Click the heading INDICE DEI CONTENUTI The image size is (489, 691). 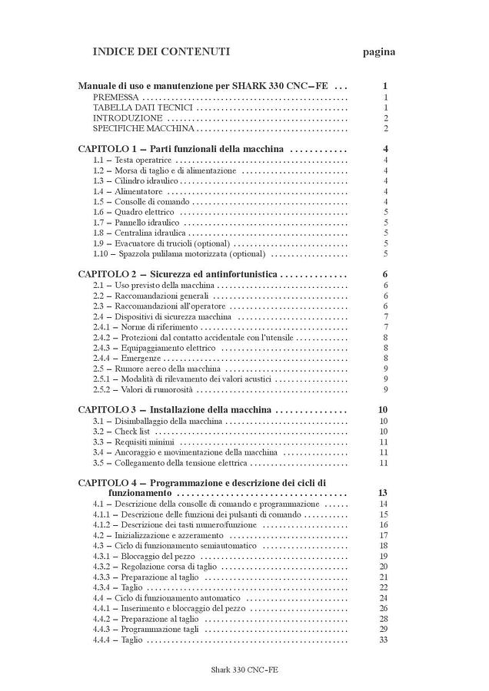pyautogui.click(x=161, y=52)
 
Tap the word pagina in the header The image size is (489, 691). pyautogui.click(x=379, y=52)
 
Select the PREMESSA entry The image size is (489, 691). pyautogui.click(x=116, y=98)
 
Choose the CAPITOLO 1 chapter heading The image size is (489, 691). pyautogui.click(x=181, y=149)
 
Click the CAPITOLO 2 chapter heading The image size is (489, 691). pyautogui.click(x=178, y=274)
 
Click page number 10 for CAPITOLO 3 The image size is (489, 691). pyautogui.click(x=383, y=410)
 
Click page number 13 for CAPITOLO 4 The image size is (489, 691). pyautogui.click(x=383, y=493)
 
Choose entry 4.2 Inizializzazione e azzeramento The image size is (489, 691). pyautogui.click(x=158, y=535)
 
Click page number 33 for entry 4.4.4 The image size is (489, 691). pyautogui.click(x=383, y=640)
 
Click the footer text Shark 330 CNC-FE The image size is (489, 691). pyautogui.click(x=244, y=670)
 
